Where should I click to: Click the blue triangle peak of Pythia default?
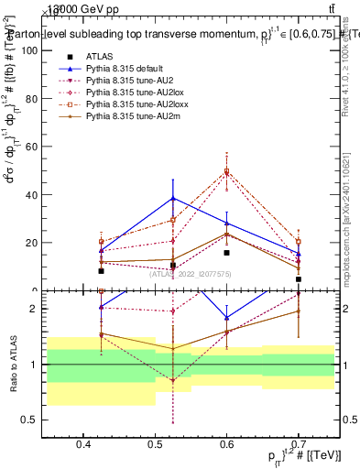172,198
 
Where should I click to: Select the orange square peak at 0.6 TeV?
226,171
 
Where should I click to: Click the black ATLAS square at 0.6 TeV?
226,253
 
